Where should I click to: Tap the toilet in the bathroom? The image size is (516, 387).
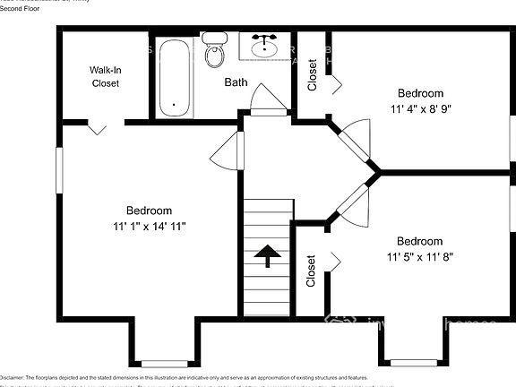point(214,51)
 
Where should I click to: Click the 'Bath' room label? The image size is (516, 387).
point(236,82)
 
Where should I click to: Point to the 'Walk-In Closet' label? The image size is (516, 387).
point(105,76)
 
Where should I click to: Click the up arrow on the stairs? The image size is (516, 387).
point(267,256)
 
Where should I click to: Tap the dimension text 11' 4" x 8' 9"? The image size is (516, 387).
point(420,109)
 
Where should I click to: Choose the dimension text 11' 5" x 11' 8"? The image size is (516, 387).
point(420,257)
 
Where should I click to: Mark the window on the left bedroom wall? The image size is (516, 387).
point(59,169)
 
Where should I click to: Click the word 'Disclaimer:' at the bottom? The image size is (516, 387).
point(17,378)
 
